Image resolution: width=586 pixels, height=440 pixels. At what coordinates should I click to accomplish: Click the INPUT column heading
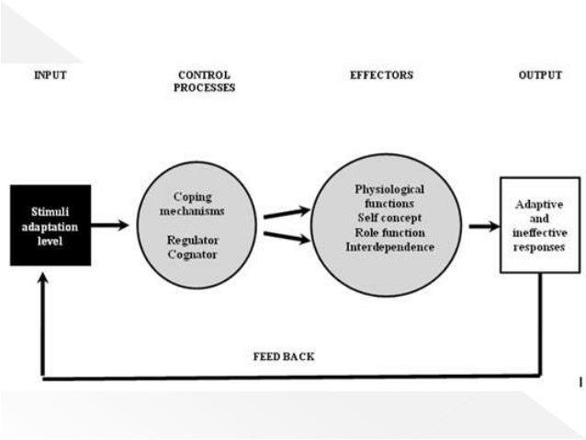[x=51, y=75]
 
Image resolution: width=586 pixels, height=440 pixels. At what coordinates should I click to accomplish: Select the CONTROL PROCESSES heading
[x=204, y=82]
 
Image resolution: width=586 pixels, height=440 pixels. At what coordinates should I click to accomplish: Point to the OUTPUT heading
[x=539, y=75]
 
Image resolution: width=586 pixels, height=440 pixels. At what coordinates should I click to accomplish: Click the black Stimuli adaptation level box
[x=51, y=225]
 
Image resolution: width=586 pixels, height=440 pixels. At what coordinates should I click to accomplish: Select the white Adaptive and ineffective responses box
[x=539, y=226]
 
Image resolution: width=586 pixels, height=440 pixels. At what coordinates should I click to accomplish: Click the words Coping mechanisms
[x=193, y=204]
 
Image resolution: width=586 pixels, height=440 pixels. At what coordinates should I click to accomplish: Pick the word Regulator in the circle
[x=193, y=240]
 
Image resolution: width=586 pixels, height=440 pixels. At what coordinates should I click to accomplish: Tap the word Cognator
[x=193, y=254]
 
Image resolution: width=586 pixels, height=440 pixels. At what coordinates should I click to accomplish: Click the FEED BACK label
[x=284, y=355]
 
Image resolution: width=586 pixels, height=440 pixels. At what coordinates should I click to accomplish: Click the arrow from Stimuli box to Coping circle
[x=110, y=225]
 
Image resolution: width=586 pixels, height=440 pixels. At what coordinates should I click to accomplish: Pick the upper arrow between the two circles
[x=287, y=213]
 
